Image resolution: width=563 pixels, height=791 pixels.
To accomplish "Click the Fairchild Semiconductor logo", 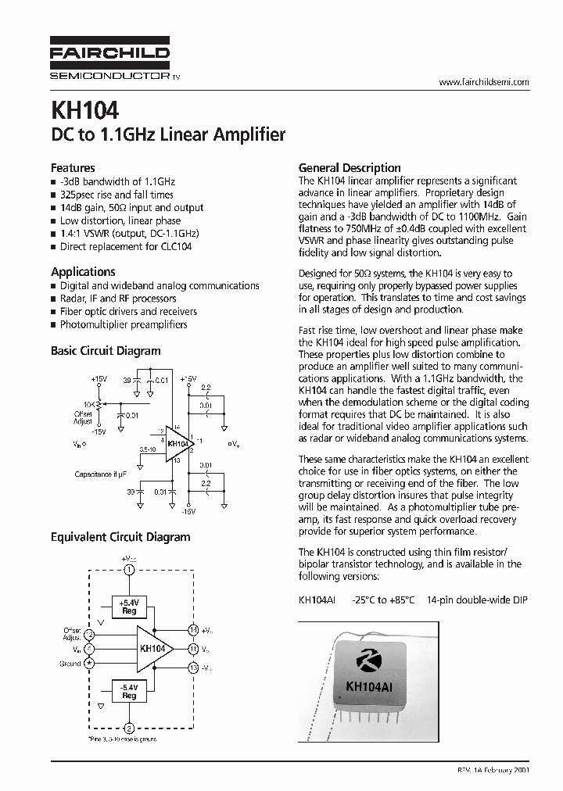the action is point(109,59).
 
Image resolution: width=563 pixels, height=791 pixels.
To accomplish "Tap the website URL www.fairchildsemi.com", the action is point(484,82).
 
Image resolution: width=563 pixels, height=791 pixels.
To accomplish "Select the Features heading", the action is point(73,167).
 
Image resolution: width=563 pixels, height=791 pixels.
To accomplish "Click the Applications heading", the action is point(83,271).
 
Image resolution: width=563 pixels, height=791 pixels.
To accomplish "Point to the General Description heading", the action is point(350,167).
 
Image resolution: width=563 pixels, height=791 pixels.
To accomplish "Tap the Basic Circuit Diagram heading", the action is point(106,351).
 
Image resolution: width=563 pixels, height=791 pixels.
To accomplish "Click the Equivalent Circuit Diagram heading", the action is point(120,537).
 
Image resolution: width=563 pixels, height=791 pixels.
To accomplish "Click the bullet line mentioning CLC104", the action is point(125,246).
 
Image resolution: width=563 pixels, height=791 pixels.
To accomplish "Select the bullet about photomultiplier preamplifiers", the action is point(124,324).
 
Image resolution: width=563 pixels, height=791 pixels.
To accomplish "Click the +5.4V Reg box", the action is point(129,607).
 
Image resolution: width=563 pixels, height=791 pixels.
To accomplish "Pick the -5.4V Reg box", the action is point(129,691).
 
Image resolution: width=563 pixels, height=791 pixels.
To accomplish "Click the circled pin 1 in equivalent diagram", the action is point(129,569).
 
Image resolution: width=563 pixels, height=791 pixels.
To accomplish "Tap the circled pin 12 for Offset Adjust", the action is point(89,635).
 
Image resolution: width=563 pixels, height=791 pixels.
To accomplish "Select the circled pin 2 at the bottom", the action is point(129,728).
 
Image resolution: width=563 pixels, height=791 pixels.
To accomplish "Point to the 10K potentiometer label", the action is point(90,404).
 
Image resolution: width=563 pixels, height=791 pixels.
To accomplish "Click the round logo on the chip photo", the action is point(366,660).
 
